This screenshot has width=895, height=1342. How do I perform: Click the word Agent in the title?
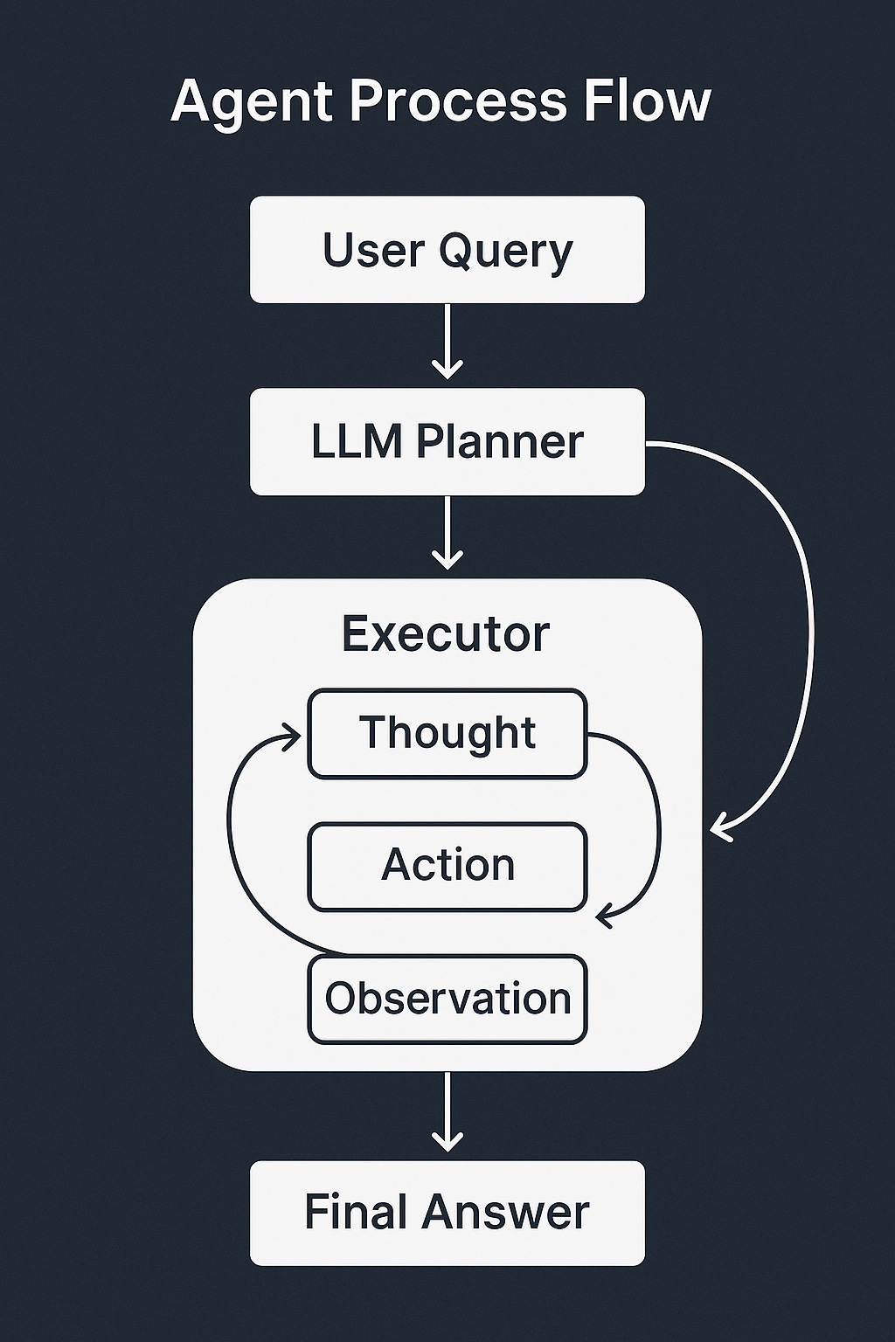coord(253,102)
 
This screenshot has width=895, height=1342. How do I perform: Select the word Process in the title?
coord(458,102)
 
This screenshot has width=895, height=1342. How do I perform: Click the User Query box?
coord(447,250)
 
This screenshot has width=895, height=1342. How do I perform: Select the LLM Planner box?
coord(447,442)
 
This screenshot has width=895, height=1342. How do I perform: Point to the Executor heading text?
coord(446,633)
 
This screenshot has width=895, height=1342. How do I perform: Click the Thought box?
coord(447,733)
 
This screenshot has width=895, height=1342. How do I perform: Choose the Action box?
coord(447,866)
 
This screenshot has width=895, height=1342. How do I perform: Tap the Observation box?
coord(447,999)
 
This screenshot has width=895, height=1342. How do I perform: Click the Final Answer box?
coord(447,1213)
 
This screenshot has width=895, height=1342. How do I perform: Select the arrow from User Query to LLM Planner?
coord(447,342)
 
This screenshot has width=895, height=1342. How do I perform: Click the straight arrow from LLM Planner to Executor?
coord(447,534)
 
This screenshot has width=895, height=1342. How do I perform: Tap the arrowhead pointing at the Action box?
coord(605,917)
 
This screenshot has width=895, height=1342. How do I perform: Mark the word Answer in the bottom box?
coord(507,1213)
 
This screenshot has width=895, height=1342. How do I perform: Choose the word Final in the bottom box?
coord(357,1213)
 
